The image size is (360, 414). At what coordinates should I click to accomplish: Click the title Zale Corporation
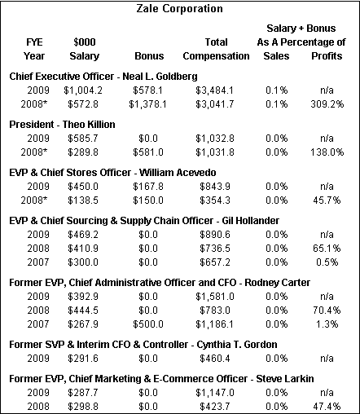(x=179, y=9)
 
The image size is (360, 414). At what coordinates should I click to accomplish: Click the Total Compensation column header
(x=216, y=49)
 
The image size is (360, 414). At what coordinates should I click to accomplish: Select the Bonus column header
(x=149, y=56)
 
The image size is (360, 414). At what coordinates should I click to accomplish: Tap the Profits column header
(x=327, y=56)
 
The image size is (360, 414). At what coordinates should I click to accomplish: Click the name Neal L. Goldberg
(x=160, y=77)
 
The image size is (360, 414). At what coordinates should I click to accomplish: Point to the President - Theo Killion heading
(x=62, y=125)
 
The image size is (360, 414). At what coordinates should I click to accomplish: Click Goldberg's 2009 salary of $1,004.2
(x=83, y=90)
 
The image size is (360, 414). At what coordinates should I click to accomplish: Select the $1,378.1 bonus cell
(x=147, y=104)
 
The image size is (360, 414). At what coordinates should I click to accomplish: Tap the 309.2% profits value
(x=327, y=104)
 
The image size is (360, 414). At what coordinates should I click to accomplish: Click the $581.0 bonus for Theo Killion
(x=148, y=152)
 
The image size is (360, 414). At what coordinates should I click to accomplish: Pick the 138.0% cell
(x=327, y=152)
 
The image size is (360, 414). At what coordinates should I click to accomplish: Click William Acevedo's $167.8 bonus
(x=148, y=187)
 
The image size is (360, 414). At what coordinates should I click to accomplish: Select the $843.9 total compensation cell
(x=215, y=187)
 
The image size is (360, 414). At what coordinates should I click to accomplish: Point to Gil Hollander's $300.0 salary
(x=83, y=262)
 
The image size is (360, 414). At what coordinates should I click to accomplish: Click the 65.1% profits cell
(x=327, y=249)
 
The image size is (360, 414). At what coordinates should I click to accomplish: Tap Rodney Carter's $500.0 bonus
(x=148, y=324)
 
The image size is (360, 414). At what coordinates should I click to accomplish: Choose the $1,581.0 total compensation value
(x=215, y=297)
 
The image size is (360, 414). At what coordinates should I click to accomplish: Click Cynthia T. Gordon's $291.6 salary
(x=83, y=359)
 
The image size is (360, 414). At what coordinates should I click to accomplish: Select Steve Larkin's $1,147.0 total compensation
(x=215, y=393)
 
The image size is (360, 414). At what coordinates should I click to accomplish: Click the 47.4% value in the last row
(x=327, y=407)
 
